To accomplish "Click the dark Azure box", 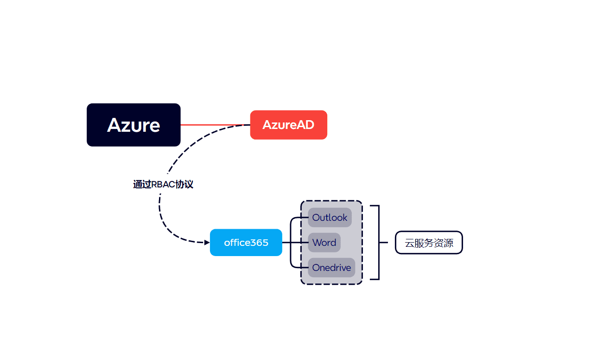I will point(134,125).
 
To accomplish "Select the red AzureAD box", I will point(288,125).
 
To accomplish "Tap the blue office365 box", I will point(246,242).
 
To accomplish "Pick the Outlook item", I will point(330,218).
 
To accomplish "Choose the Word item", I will point(324,243).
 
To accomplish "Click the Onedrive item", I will point(331,268).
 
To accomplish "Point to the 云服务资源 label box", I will point(429,243).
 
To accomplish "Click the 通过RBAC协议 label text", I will point(163,185).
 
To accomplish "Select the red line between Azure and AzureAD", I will point(213,125).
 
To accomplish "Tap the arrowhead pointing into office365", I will point(207,242).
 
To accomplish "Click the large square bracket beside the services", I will point(378,242).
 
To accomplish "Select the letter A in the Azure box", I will point(114,125).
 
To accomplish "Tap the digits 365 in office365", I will point(260,243).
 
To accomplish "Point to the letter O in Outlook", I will point(317,218).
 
